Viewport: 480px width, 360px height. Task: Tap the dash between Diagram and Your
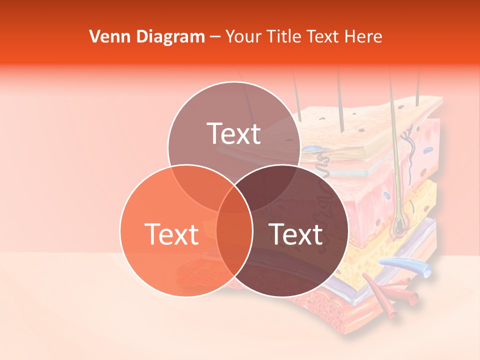click(x=215, y=37)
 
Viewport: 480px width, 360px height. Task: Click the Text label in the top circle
click(x=234, y=134)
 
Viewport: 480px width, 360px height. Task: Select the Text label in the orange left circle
click(x=171, y=234)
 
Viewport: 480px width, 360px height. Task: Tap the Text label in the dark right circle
click(x=296, y=234)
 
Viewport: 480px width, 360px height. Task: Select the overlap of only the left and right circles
click(x=234, y=245)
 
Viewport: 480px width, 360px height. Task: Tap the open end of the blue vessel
click(x=426, y=270)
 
